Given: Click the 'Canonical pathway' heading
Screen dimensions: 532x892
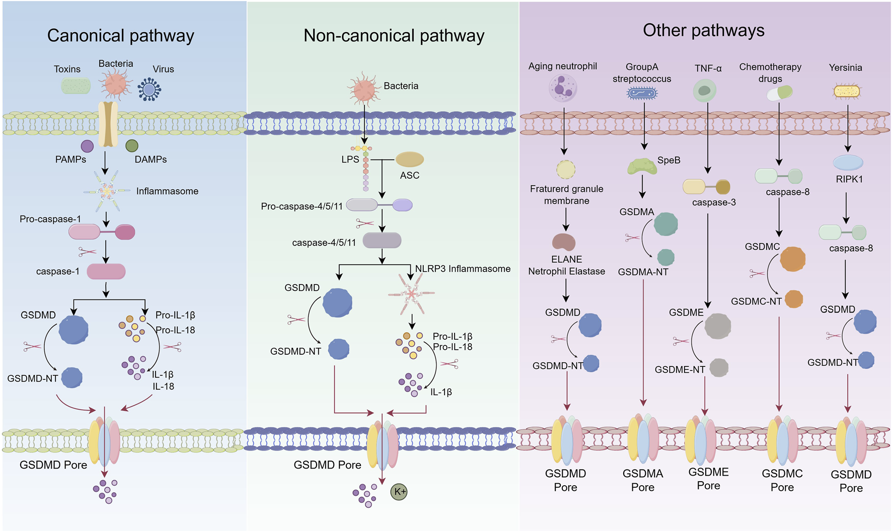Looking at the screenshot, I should [120, 36].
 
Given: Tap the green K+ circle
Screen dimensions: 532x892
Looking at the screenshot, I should [399, 492].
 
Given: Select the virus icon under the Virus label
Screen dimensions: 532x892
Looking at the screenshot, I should [149, 89].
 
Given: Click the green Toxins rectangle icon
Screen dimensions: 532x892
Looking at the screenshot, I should [76, 86].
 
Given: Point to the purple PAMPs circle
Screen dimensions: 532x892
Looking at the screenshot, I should [87, 146].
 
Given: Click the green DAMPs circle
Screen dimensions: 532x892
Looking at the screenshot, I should [132, 146].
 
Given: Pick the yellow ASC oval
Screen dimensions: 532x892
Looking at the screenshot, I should [410, 160].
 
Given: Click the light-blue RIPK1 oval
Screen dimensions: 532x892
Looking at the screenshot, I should [848, 163].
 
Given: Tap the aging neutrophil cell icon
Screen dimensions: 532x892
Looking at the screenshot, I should [563, 88].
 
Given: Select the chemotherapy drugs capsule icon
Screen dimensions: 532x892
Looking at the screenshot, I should [779, 93].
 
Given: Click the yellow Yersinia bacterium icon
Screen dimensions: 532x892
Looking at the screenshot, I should [847, 91].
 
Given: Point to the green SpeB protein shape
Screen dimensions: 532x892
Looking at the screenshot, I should [642, 167].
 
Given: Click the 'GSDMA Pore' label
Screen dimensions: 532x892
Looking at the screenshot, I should [643, 480].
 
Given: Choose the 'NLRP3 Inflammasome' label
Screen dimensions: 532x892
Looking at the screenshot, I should [463, 269].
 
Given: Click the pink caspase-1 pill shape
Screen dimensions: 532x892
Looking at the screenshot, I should [106, 272].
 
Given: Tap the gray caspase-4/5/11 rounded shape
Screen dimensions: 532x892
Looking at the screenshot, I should [382, 241].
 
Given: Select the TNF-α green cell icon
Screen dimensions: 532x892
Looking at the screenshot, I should [704, 91].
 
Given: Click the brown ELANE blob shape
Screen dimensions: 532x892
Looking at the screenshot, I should [564, 242].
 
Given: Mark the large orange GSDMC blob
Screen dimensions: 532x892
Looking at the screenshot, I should [792, 259].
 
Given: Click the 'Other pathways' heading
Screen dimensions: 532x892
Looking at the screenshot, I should [703, 30].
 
